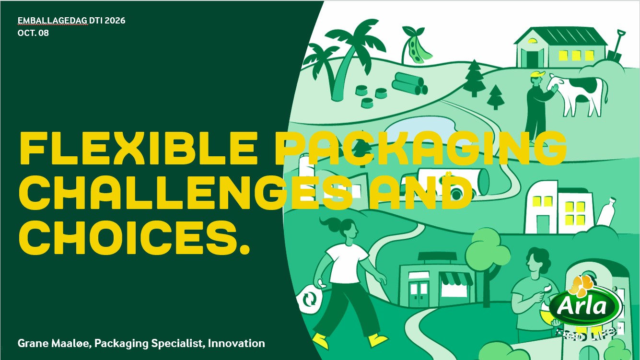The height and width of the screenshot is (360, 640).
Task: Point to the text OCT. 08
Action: pyautogui.click(x=33, y=33)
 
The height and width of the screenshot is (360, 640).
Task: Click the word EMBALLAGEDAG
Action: pyautogui.click(x=52, y=21)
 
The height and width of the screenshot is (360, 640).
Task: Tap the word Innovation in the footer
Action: pyautogui.click(x=236, y=343)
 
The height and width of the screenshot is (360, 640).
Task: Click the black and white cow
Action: pyautogui.click(x=577, y=94)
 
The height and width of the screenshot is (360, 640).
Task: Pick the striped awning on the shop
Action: pyautogui.click(x=456, y=279)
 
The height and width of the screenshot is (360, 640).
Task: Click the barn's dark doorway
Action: pyautogui.click(x=532, y=59)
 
